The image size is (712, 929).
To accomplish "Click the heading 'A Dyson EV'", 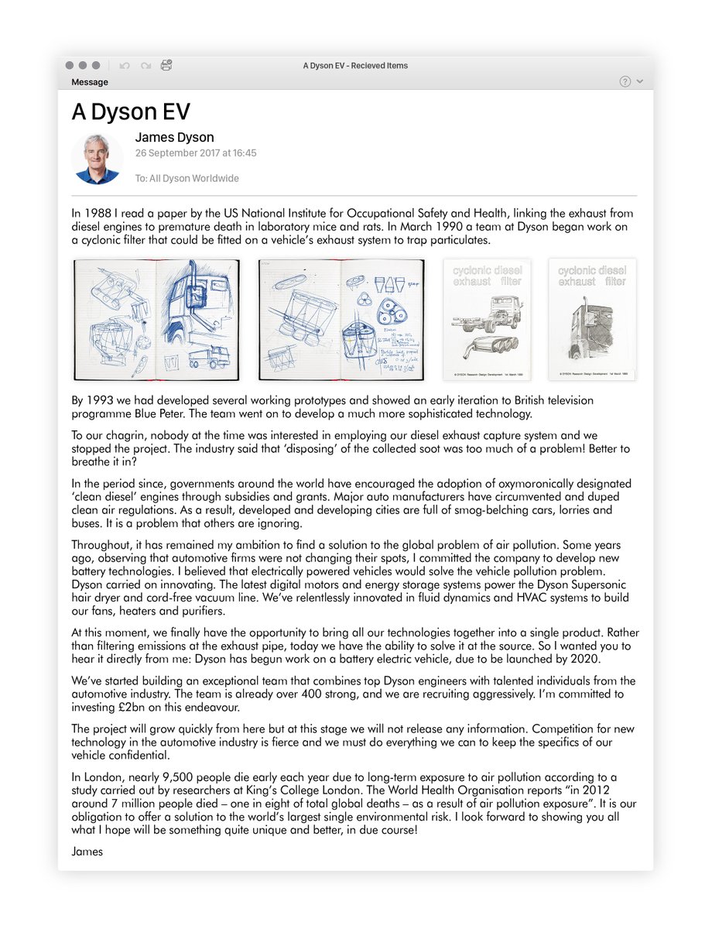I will [131, 112].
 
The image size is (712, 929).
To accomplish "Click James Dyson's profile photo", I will [97, 158].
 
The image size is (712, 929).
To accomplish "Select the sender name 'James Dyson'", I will [174, 138].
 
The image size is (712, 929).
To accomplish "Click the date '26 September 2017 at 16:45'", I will [196, 153].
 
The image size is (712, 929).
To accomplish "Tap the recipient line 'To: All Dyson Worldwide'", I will [187, 179].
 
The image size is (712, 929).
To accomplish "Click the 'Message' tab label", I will [90, 82].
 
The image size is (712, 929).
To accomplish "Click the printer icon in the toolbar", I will [166, 66].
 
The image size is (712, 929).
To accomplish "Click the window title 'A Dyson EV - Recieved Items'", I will [355, 66].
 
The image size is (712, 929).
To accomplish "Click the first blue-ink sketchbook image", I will [156, 320].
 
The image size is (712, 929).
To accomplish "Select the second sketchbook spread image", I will [341, 320].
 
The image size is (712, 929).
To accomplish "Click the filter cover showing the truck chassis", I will [486, 320].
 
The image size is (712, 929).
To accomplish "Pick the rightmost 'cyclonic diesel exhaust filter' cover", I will [592, 320].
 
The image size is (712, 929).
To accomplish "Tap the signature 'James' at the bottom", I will [87, 852].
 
